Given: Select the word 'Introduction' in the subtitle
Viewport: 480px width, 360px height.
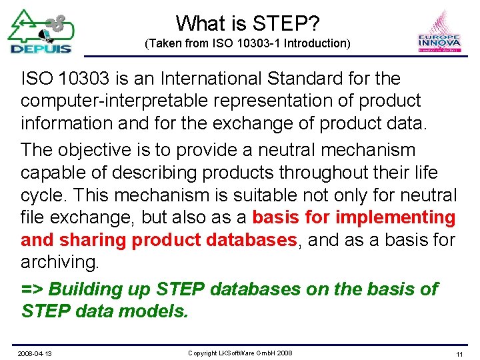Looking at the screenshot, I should point(317,44).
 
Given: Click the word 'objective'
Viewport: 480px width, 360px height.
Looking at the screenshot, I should point(102,150).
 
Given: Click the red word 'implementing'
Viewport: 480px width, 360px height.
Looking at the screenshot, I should point(396,217).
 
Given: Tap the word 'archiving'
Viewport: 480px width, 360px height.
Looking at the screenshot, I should point(59,262).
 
